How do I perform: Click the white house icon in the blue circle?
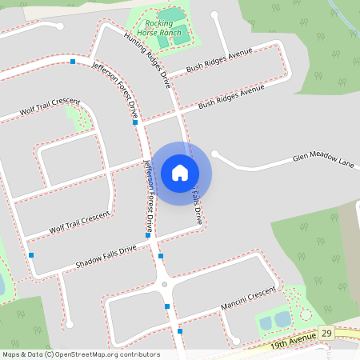(x=180, y=172)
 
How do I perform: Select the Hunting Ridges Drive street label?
(x=148, y=60)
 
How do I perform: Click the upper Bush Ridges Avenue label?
(x=219, y=60)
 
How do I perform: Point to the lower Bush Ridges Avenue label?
(x=231, y=97)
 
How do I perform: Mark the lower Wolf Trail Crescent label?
(x=78, y=222)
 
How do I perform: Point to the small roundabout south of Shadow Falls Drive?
(x=164, y=284)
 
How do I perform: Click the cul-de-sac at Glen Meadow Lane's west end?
(x=216, y=154)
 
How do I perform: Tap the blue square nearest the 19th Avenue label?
(x=180, y=331)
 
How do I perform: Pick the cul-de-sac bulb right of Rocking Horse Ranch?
(x=214, y=14)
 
